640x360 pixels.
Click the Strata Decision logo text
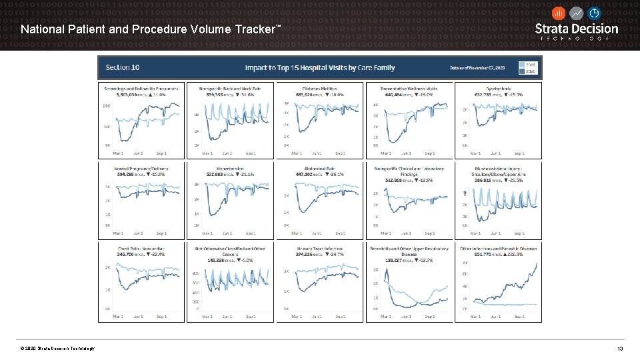pos(577,29)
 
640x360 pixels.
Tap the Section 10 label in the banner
pos(123,67)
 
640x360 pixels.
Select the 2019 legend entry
pos(531,64)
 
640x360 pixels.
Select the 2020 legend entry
pos(531,71)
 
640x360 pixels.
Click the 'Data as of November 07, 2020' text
pos(477,68)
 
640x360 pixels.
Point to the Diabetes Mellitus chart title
pos(320,88)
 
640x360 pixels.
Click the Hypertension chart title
pos(230,169)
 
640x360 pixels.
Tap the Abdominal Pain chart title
pos(320,169)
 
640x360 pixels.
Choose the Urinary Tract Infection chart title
pos(320,249)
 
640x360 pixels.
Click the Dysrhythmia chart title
pos(498,88)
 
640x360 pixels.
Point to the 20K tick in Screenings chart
pos(107,106)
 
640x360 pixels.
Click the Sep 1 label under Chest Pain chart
pos(161,315)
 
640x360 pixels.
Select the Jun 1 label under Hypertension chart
pos(227,233)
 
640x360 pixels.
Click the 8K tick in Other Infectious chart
pos(465,263)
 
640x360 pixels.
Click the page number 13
pos(620,349)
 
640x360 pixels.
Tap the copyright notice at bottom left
pos(57,349)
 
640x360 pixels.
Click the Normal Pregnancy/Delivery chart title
pos(141,169)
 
